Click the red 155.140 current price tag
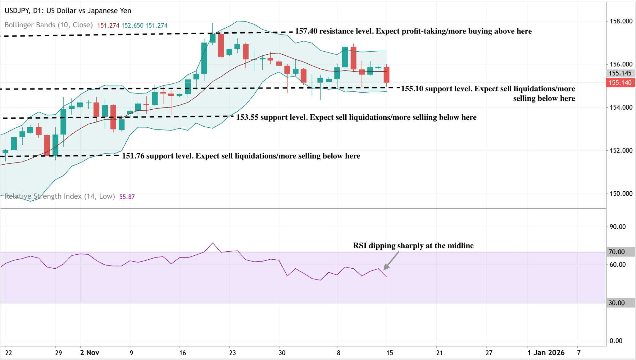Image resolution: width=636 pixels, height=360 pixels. (620, 83)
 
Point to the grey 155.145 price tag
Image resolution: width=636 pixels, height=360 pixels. (620, 73)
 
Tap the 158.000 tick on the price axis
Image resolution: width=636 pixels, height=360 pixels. (621, 21)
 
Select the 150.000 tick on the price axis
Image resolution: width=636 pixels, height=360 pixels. (621, 194)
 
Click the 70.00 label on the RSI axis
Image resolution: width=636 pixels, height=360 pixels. (617, 252)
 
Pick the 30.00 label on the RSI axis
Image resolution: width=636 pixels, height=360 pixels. (617, 303)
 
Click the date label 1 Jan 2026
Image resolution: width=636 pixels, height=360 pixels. (546, 353)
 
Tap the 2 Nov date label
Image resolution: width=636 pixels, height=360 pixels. (89, 353)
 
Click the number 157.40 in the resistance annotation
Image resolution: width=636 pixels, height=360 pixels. (306, 31)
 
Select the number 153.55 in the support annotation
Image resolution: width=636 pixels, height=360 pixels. (247, 117)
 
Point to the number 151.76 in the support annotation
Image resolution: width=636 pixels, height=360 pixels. (133, 156)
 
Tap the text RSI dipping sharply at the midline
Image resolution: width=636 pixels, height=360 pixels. (413, 246)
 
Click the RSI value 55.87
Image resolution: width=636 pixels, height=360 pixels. (127, 197)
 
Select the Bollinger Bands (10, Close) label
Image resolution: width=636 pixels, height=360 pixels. (49, 25)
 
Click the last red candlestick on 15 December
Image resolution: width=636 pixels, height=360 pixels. (387, 75)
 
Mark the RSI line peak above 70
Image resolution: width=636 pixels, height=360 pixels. (212, 243)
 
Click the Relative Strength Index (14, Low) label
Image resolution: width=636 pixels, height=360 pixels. (60, 196)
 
